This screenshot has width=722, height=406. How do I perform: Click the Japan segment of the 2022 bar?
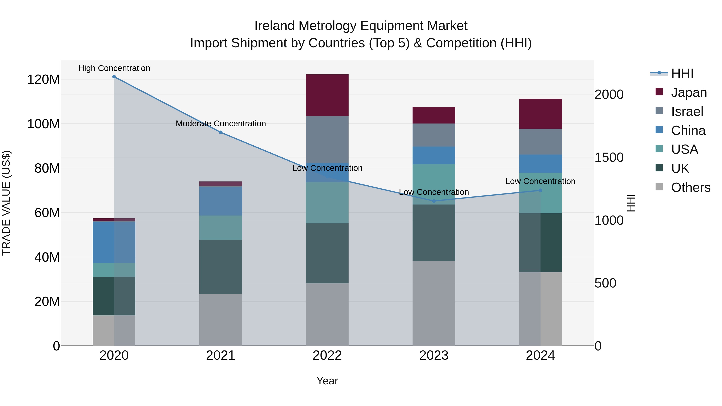coord(327,95)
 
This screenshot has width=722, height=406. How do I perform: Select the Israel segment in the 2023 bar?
coord(434,135)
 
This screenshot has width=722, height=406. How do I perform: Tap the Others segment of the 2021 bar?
coord(221,320)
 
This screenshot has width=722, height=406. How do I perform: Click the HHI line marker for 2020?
coord(114,77)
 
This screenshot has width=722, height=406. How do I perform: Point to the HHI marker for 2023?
coord(434,201)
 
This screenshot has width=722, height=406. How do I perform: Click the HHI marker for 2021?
coord(221,132)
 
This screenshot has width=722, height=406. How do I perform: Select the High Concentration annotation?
coord(114,68)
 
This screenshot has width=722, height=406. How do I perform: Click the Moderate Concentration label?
coord(221,124)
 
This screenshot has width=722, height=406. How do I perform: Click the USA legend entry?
coord(684,149)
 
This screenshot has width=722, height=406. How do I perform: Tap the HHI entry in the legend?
coord(682,73)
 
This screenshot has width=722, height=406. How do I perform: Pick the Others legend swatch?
coord(659,187)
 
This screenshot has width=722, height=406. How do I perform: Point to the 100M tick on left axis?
coord(44,124)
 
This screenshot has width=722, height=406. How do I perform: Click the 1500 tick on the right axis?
coord(609,157)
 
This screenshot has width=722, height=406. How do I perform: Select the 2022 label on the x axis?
coord(327,355)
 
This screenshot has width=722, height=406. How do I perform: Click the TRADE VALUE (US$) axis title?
coord(6,203)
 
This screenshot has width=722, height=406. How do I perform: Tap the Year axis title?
coord(327,381)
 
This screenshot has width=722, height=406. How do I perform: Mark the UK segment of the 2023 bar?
coord(434,233)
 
